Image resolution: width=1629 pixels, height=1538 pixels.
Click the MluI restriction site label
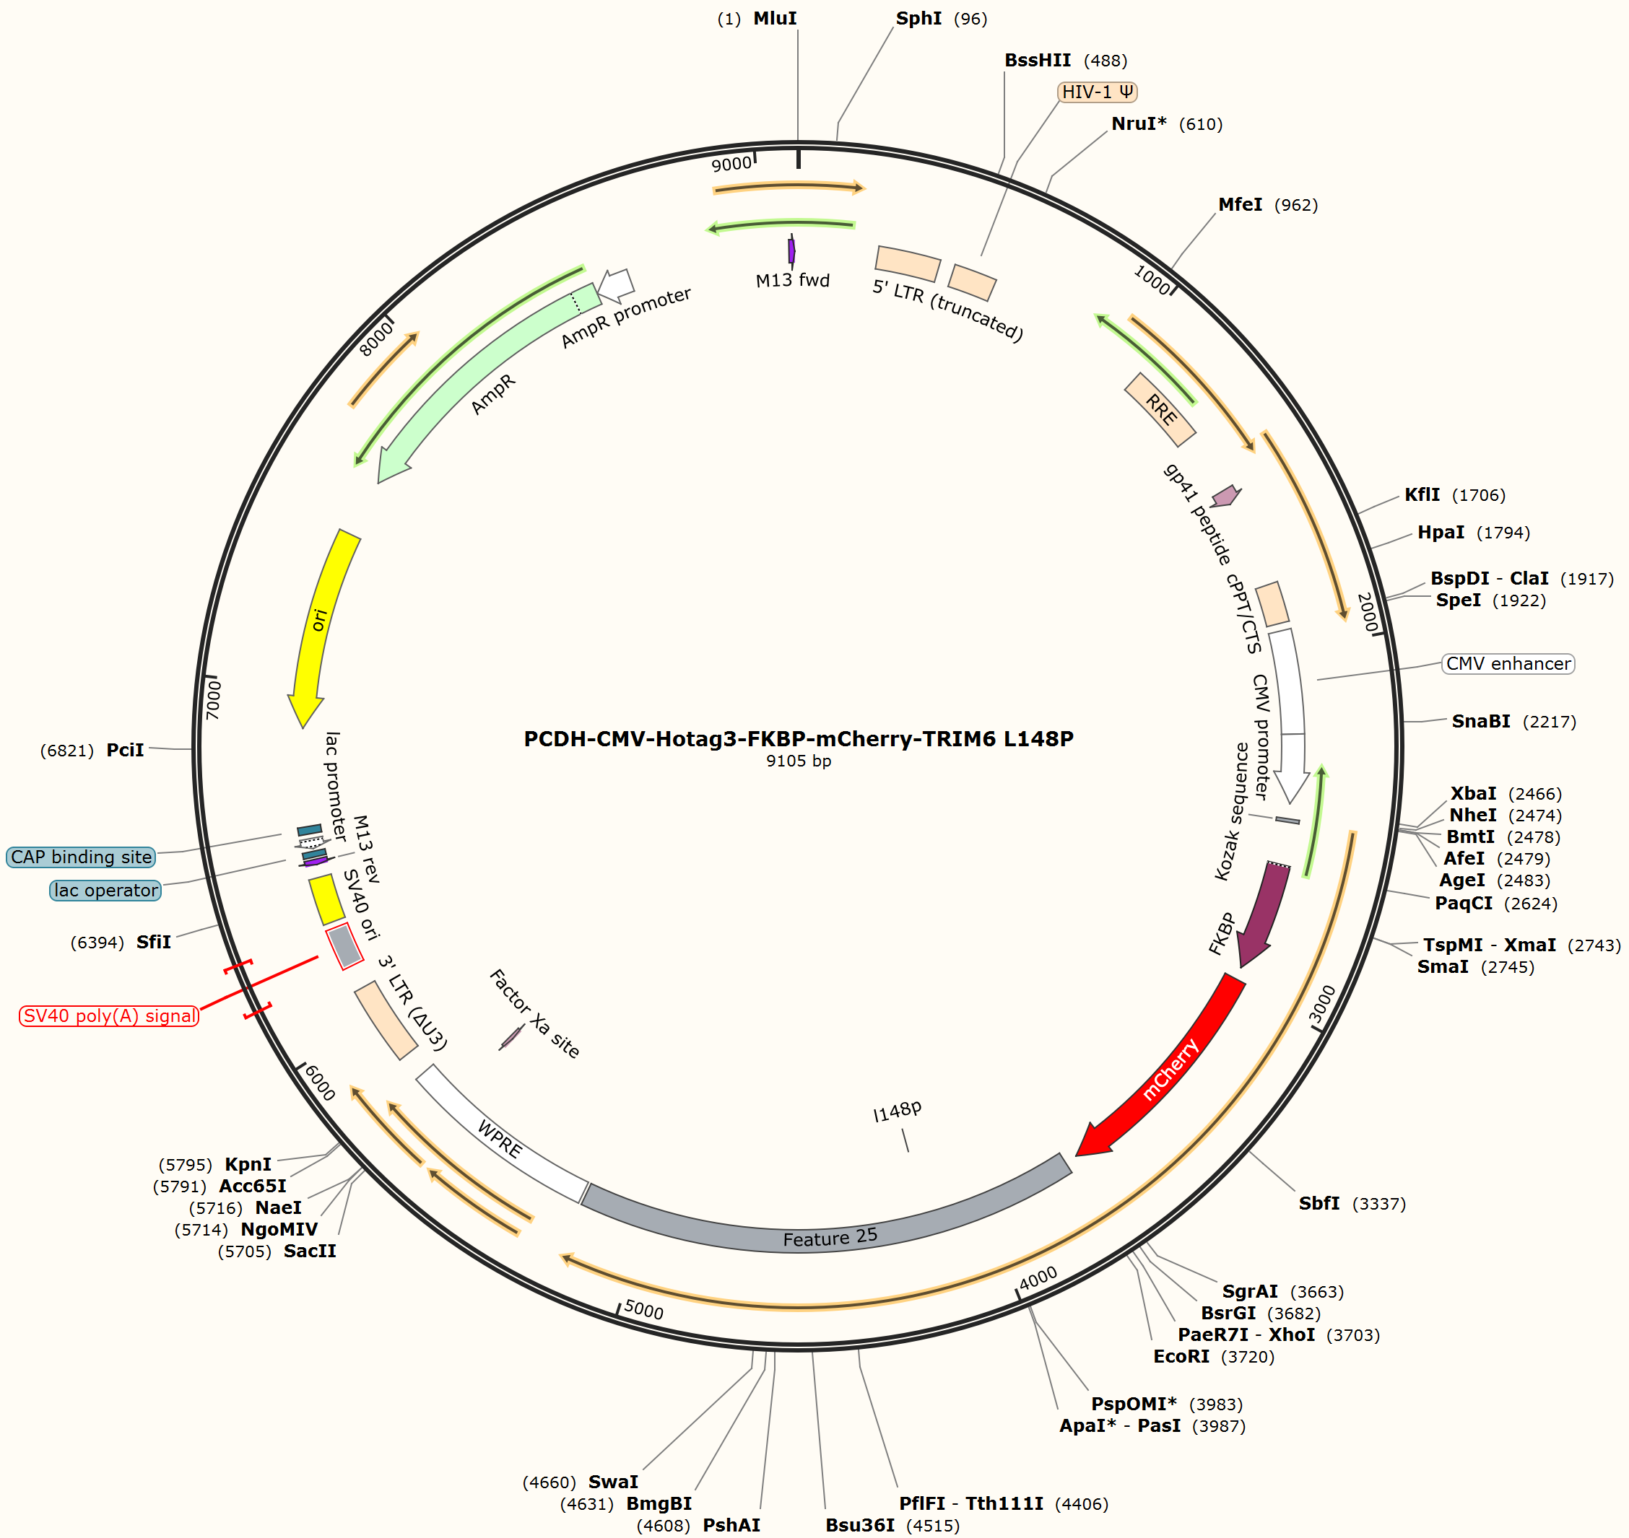tap(775, 18)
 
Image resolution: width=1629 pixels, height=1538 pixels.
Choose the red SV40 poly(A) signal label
tap(109, 1015)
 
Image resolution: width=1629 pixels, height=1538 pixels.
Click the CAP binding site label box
tap(81, 857)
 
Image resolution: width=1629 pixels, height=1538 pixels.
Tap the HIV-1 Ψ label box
tap(1098, 92)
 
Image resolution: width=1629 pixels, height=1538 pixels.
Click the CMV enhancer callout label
tap(1508, 663)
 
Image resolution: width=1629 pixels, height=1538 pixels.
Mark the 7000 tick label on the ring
tap(213, 699)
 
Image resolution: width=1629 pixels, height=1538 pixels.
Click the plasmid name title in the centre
tap(798, 738)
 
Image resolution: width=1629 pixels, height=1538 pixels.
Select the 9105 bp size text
tap(798, 761)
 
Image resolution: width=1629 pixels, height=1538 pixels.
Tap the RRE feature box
tap(1160, 409)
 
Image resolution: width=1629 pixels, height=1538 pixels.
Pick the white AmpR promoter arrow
tap(616, 284)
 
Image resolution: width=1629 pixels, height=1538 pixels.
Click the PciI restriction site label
tap(125, 750)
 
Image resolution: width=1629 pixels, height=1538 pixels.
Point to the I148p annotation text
tap(898, 1111)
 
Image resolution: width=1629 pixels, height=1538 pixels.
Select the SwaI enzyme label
tap(613, 1482)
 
